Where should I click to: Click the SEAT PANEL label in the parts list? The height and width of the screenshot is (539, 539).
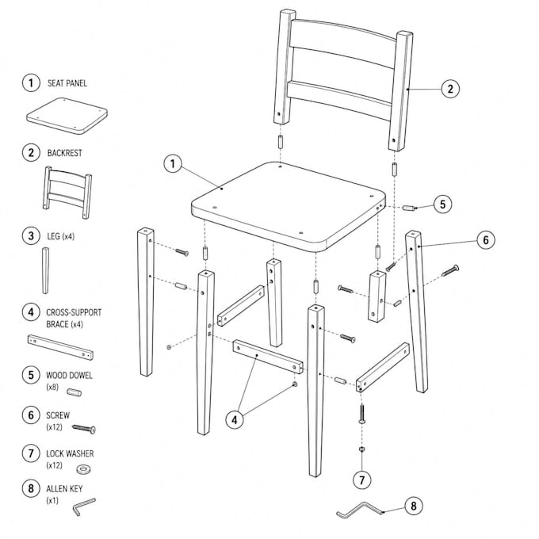[x=67, y=83]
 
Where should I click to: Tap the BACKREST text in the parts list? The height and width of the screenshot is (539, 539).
[x=65, y=153]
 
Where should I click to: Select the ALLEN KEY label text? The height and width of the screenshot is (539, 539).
[x=64, y=489]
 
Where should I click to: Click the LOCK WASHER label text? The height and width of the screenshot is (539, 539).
[x=70, y=453]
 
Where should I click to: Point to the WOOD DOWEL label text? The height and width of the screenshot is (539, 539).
[x=69, y=376]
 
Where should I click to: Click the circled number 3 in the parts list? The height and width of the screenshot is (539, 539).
[x=31, y=236]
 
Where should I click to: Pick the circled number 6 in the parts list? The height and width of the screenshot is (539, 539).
[x=31, y=415]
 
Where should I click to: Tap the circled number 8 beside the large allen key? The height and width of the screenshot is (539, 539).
[x=413, y=506]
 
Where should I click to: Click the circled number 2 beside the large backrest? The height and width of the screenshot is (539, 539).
[x=450, y=89]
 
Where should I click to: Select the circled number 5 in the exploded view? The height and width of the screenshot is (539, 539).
[x=442, y=205]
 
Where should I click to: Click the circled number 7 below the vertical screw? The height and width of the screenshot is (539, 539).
[x=362, y=480]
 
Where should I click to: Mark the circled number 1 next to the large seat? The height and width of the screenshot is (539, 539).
[x=173, y=163]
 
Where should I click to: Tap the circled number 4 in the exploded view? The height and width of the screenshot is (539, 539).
[x=235, y=420]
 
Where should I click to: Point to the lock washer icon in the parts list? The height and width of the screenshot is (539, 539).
[x=83, y=469]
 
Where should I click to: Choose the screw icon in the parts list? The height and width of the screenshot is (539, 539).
[x=84, y=429]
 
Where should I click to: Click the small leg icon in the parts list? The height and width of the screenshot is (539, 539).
[x=45, y=270]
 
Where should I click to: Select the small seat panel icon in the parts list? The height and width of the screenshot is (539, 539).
[x=67, y=116]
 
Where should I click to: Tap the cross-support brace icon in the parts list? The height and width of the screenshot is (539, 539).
[x=60, y=347]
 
